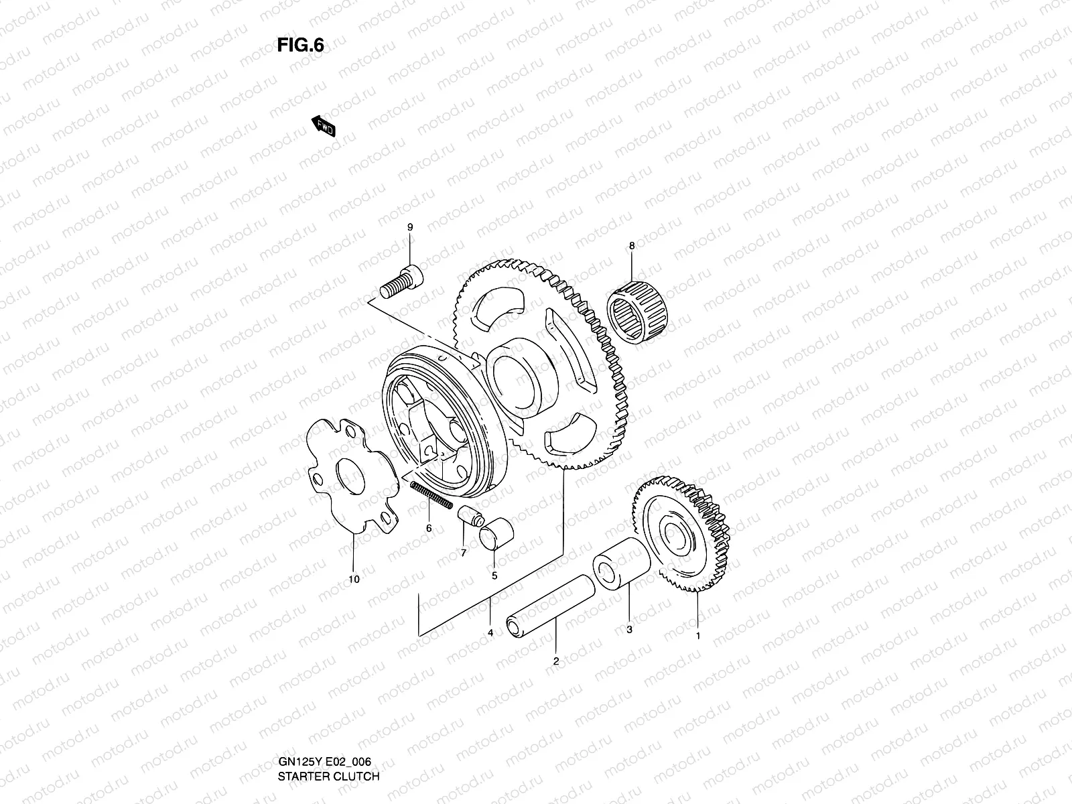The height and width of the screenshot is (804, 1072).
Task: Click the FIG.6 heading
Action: point(301,45)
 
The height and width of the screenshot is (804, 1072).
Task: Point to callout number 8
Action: point(631,246)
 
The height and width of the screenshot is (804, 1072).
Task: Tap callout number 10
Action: point(354,579)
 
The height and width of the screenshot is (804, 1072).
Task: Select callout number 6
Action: point(429,528)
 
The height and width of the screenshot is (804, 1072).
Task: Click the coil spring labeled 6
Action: point(430,494)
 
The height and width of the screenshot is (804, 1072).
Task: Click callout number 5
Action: point(494,575)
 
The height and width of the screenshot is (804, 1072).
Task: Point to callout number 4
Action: point(490,633)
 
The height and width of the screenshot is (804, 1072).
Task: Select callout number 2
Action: point(556,661)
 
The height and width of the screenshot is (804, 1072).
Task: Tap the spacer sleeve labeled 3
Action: point(622,569)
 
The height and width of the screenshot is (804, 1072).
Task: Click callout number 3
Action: point(629,629)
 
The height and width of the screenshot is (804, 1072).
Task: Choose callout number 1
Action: point(697,636)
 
